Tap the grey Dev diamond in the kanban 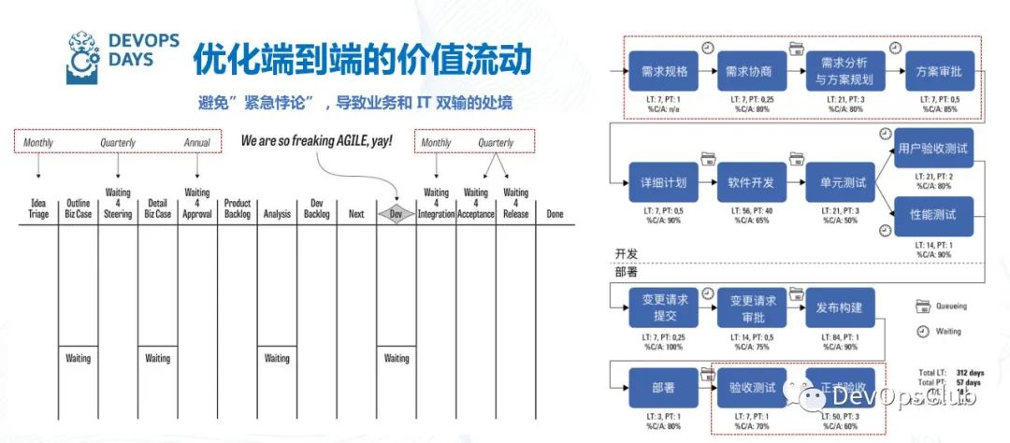coord(397,213)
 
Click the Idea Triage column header coord(38,208)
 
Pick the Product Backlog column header coord(237,208)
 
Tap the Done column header coord(555,213)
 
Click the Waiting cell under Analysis coord(277,358)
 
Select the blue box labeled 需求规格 coord(665,71)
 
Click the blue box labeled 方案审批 coord(940,71)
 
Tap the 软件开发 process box coord(751,183)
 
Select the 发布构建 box coord(841,307)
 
